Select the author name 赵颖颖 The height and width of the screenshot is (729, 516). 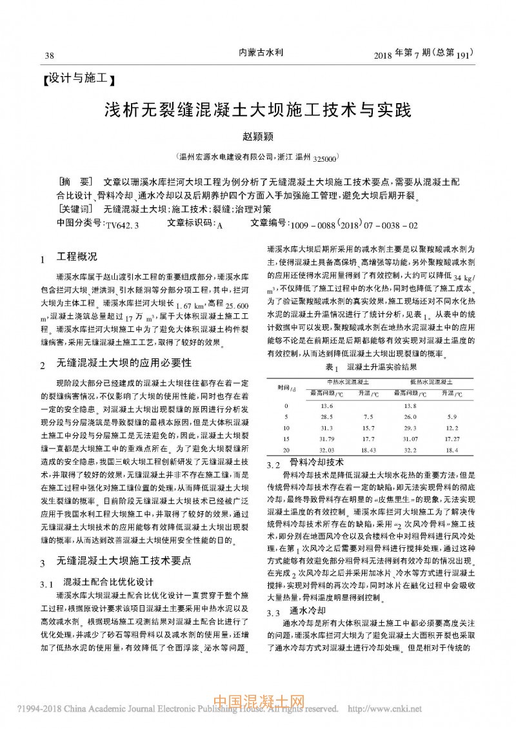[x=257, y=137]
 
